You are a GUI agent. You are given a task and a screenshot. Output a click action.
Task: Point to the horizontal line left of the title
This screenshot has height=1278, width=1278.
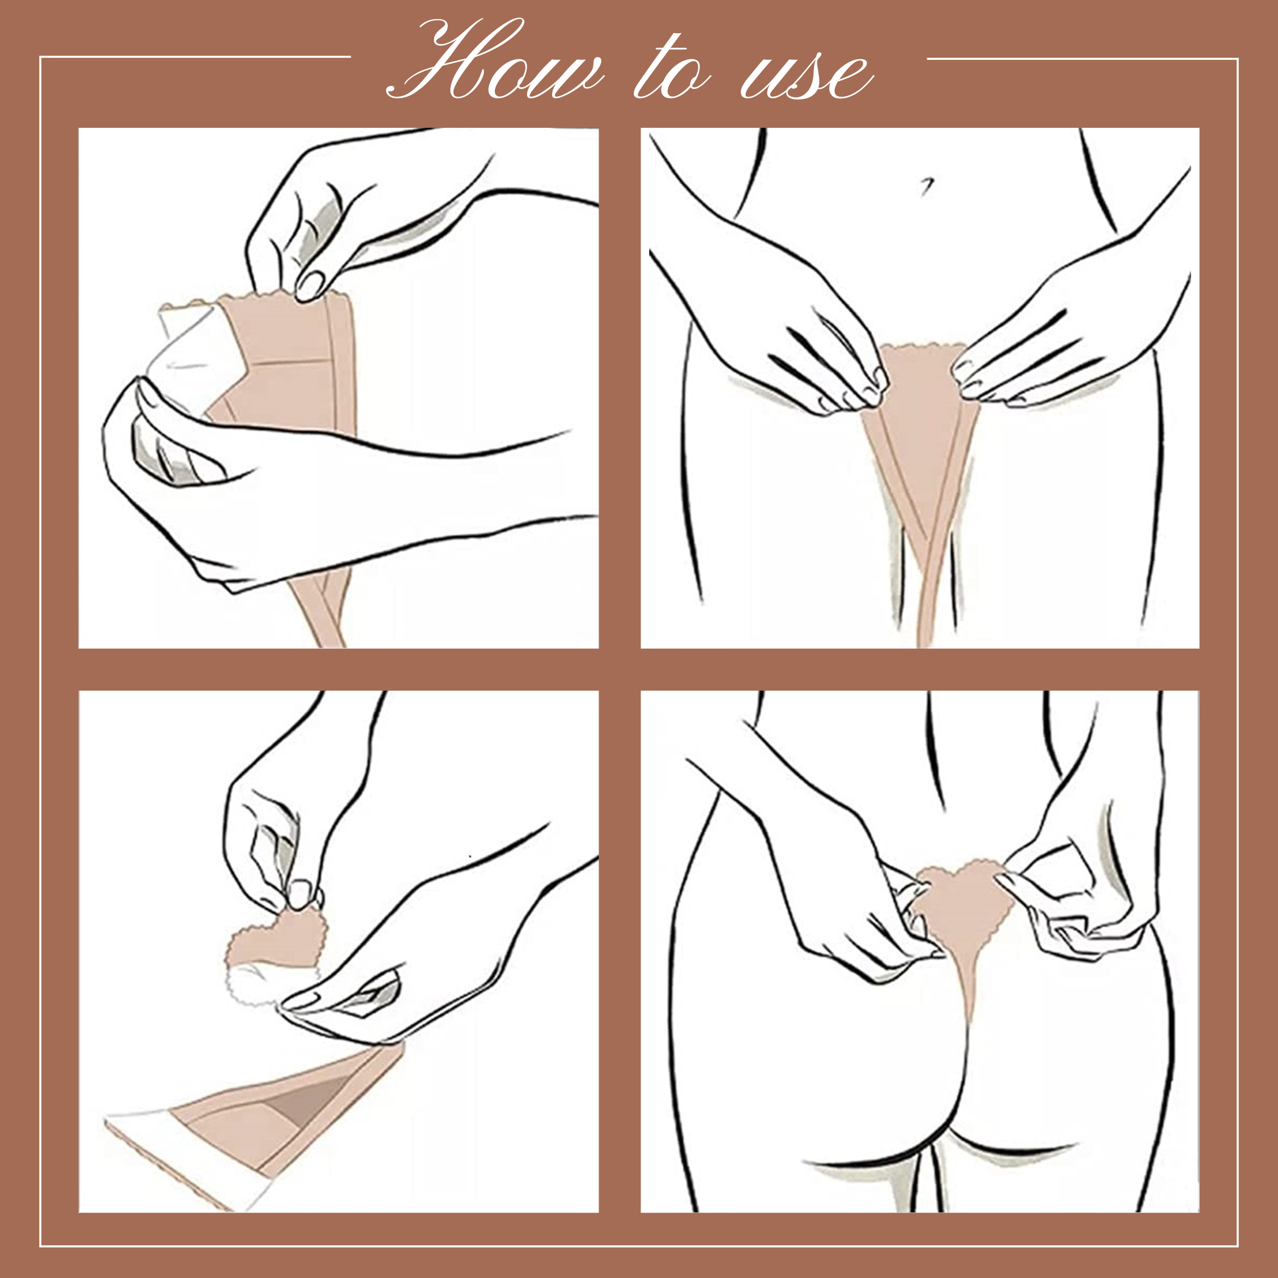195,57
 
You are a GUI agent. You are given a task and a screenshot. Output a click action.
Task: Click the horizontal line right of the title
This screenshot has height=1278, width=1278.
1082,59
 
